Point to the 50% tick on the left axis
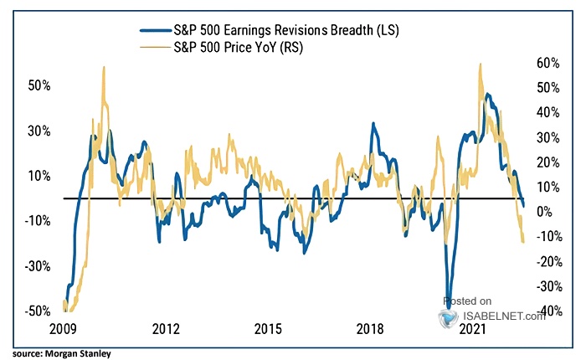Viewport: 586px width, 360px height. pos(39,86)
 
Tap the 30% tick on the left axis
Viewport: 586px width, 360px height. pos(39,131)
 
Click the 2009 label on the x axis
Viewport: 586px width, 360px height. pos(64,329)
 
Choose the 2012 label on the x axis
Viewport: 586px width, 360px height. pos(167,329)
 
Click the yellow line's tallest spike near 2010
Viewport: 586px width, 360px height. pos(103,67)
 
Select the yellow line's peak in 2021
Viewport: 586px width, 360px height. pos(480,64)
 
